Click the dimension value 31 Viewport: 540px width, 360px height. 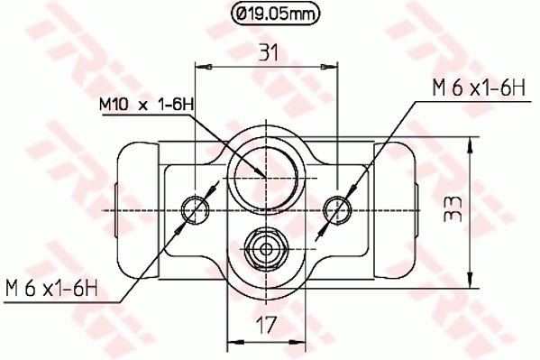point(268,52)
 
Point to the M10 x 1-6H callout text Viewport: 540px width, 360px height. point(146,106)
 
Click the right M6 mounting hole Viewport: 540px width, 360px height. point(337,209)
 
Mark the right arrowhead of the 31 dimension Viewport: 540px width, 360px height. point(332,65)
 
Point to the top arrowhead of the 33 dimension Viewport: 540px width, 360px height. point(469,143)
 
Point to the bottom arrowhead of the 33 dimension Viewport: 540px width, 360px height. point(469,276)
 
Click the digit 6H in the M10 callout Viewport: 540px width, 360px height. point(184,106)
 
